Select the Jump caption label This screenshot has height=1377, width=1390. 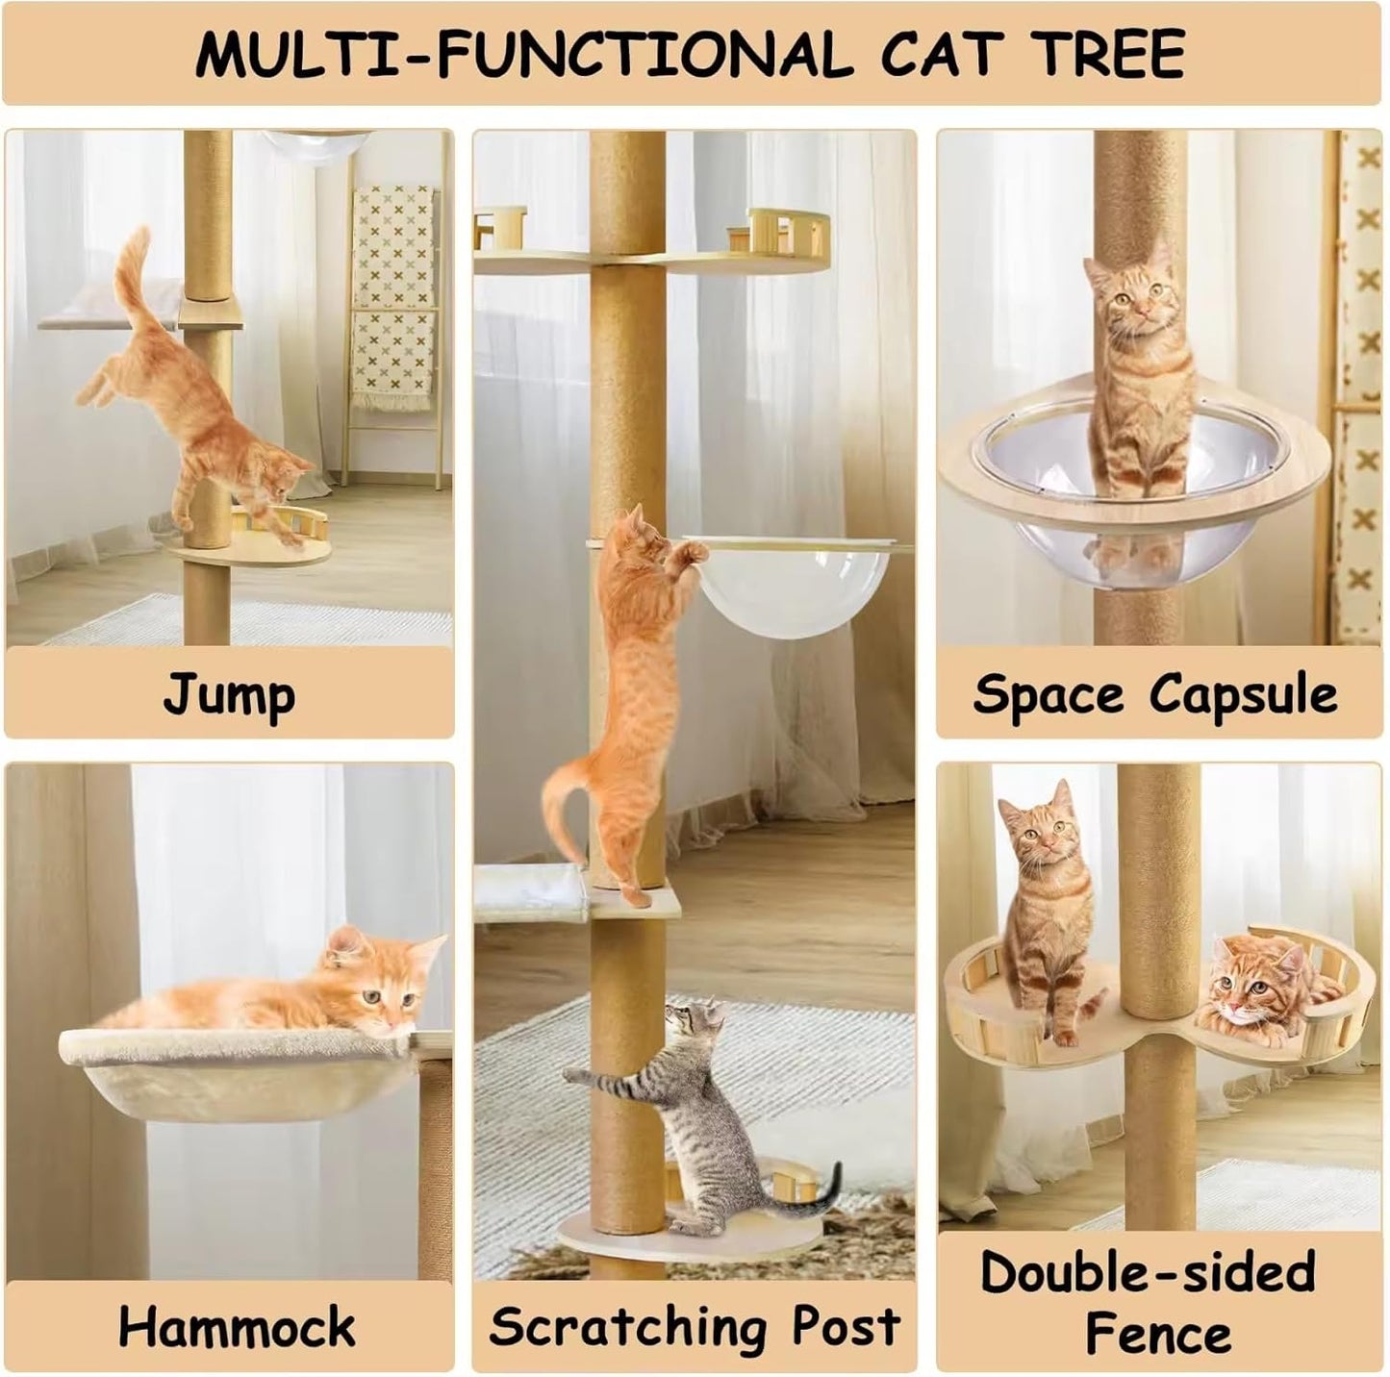[228, 694]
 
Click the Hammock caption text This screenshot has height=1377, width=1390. [237, 1327]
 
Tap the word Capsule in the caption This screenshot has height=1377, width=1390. [1243, 694]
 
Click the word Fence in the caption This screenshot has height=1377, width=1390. [1158, 1334]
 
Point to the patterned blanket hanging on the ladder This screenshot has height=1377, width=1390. [392, 288]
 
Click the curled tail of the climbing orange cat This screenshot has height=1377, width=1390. [558, 798]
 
